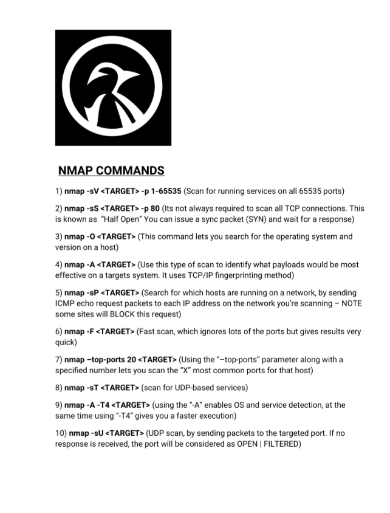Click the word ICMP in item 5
click(66, 303)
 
